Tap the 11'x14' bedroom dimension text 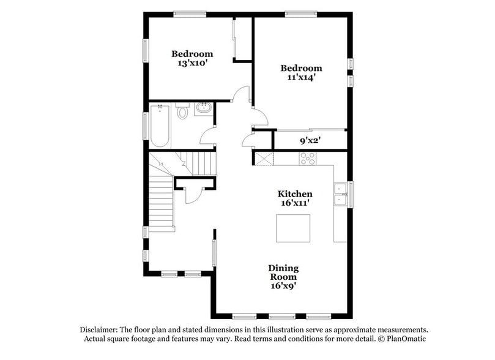[x=301, y=78]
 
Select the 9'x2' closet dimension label [x=310, y=140]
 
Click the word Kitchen [x=296, y=193]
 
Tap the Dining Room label [x=284, y=272]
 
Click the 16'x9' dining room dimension [x=284, y=285]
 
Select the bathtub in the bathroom [x=160, y=126]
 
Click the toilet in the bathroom [x=182, y=113]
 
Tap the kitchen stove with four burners [x=308, y=158]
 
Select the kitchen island [x=293, y=229]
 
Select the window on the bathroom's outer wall [x=145, y=126]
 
